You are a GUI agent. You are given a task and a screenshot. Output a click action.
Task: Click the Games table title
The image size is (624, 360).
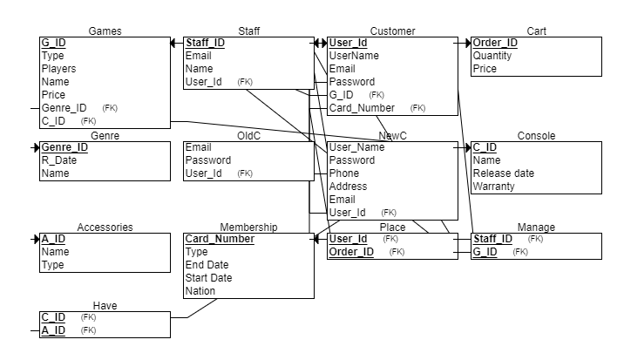[x=105, y=31]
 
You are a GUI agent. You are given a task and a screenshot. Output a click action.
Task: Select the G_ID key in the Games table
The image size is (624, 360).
[x=53, y=43]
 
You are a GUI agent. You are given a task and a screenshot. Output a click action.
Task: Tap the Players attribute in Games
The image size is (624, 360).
[x=58, y=69]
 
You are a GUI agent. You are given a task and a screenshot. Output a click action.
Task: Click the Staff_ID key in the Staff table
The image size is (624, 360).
[x=205, y=43]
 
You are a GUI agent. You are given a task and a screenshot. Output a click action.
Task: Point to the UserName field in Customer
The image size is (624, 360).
[x=353, y=56]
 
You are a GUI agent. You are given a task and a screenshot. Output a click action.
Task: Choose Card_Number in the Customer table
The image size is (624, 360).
[x=361, y=108]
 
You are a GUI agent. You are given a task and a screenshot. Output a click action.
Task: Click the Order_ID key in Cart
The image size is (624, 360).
[x=494, y=43]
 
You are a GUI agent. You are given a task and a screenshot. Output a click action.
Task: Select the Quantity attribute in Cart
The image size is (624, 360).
[x=492, y=56]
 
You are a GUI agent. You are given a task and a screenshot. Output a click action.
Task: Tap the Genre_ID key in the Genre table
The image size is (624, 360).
[x=64, y=147]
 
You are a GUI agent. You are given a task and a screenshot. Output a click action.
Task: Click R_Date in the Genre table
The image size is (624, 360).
[x=59, y=160]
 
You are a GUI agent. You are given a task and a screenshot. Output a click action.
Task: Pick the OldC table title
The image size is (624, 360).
[x=248, y=136]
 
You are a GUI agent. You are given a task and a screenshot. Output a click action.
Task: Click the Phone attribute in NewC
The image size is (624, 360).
[x=343, y=173]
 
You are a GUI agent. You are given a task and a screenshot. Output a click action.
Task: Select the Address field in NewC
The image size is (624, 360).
[x=348, y=187]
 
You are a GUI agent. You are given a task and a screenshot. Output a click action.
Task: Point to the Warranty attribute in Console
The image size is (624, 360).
[x=494, y=187]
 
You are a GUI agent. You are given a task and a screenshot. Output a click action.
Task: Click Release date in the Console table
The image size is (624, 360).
[x=503, y=173]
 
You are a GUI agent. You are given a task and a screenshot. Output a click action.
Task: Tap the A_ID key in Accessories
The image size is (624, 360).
[x=53, y=239]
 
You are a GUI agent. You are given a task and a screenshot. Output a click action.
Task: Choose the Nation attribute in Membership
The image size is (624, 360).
[x=200, y=291]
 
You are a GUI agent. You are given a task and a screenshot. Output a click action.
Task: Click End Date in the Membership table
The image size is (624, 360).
[x=207, y=265]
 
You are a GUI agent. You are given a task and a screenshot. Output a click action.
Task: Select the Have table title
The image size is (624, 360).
[x=105, y=306]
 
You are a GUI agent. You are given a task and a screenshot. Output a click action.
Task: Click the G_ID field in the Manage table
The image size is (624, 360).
[x=485, y=252]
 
